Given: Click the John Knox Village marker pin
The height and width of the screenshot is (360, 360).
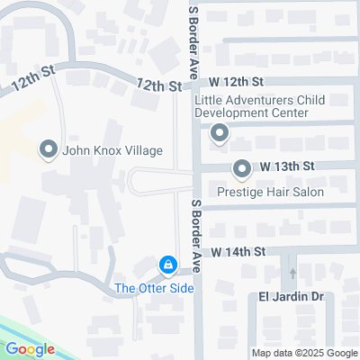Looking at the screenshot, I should (48, 148).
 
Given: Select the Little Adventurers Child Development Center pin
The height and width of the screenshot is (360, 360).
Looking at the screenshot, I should (219, 135).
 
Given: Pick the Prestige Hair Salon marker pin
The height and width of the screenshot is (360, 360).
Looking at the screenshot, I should (241, 168).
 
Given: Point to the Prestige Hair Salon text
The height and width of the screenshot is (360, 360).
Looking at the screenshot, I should (270, 192).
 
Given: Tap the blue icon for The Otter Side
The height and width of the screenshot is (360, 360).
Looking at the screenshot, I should (166, 265).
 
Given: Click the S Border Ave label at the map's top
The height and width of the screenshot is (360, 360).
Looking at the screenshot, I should (192, 40).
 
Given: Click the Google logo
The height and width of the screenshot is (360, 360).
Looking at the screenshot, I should (30, 348).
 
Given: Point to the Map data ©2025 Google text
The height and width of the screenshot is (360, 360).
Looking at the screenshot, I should (304, 353).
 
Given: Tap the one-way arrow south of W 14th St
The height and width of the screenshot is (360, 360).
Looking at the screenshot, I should (291, 272).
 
